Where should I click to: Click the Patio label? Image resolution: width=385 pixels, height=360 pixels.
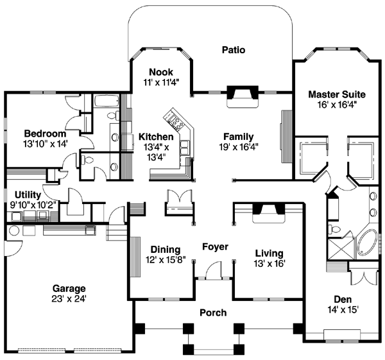234,49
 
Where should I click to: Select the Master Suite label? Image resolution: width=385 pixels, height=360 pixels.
332,92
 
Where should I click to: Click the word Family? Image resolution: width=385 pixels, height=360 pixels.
238,137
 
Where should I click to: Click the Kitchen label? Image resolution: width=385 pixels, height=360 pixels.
155,137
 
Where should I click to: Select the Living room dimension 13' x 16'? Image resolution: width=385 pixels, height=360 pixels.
269,263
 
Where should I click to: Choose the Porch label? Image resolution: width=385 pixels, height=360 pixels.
213,313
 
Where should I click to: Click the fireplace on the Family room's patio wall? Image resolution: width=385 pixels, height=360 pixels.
242,95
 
